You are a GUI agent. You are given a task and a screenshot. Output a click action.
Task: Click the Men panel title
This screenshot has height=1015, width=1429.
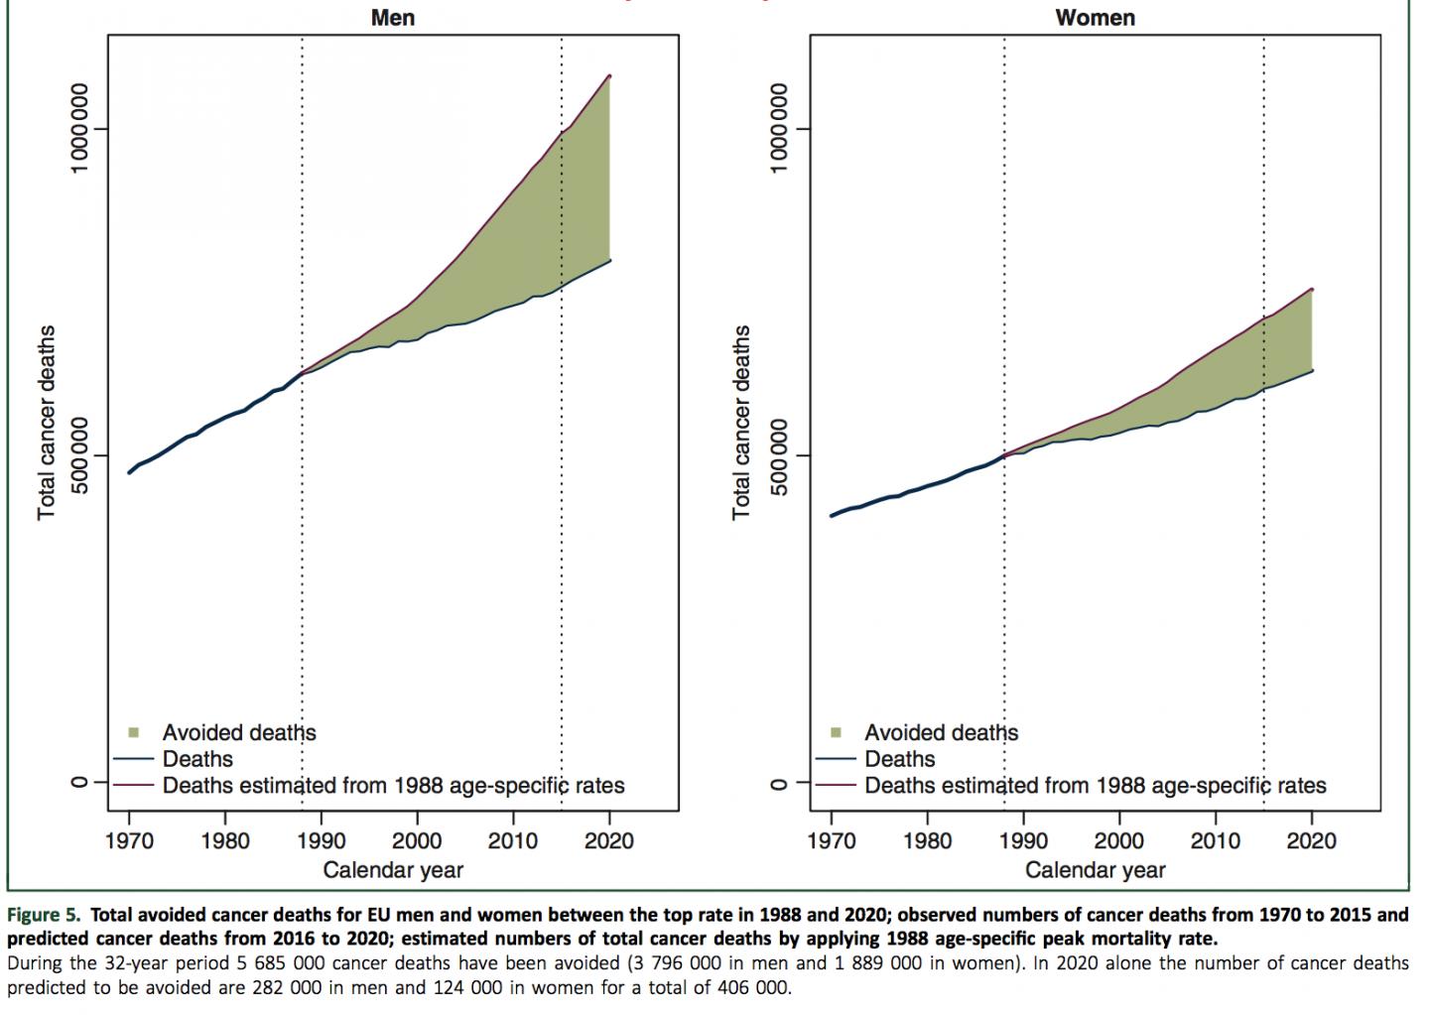point(392,17)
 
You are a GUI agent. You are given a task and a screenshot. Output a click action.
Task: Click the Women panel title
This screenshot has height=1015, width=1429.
point(1095,17)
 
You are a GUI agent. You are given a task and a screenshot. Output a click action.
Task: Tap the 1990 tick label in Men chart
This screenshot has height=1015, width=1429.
point(321,841)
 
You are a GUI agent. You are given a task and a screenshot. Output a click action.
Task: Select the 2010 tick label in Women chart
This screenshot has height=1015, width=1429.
point(1216,841)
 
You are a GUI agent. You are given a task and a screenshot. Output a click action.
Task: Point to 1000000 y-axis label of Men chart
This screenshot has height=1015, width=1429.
point(78,127)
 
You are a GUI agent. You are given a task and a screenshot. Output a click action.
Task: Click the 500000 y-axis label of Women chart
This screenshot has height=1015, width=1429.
point(781,454)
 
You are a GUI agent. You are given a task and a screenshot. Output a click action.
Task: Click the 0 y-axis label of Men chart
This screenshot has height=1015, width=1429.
point(78,782)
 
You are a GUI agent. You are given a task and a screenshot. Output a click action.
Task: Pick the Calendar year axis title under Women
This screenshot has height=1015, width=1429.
point(1095,871)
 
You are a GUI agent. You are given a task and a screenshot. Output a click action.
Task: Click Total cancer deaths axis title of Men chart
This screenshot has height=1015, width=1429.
point(47,422)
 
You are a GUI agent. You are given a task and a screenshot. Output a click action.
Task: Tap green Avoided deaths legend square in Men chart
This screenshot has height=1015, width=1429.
point(137,733)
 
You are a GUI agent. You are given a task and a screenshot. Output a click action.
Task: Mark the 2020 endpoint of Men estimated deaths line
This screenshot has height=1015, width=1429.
point(609,76)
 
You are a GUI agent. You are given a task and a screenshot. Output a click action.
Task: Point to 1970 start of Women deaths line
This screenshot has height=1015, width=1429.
point(832,516)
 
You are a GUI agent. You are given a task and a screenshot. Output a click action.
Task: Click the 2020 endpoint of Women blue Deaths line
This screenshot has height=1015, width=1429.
point(1312,371)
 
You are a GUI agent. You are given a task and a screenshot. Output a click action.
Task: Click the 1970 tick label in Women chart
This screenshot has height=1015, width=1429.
point(832,841)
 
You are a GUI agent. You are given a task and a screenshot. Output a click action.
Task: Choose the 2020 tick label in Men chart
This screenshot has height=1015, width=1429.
point(609,841)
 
